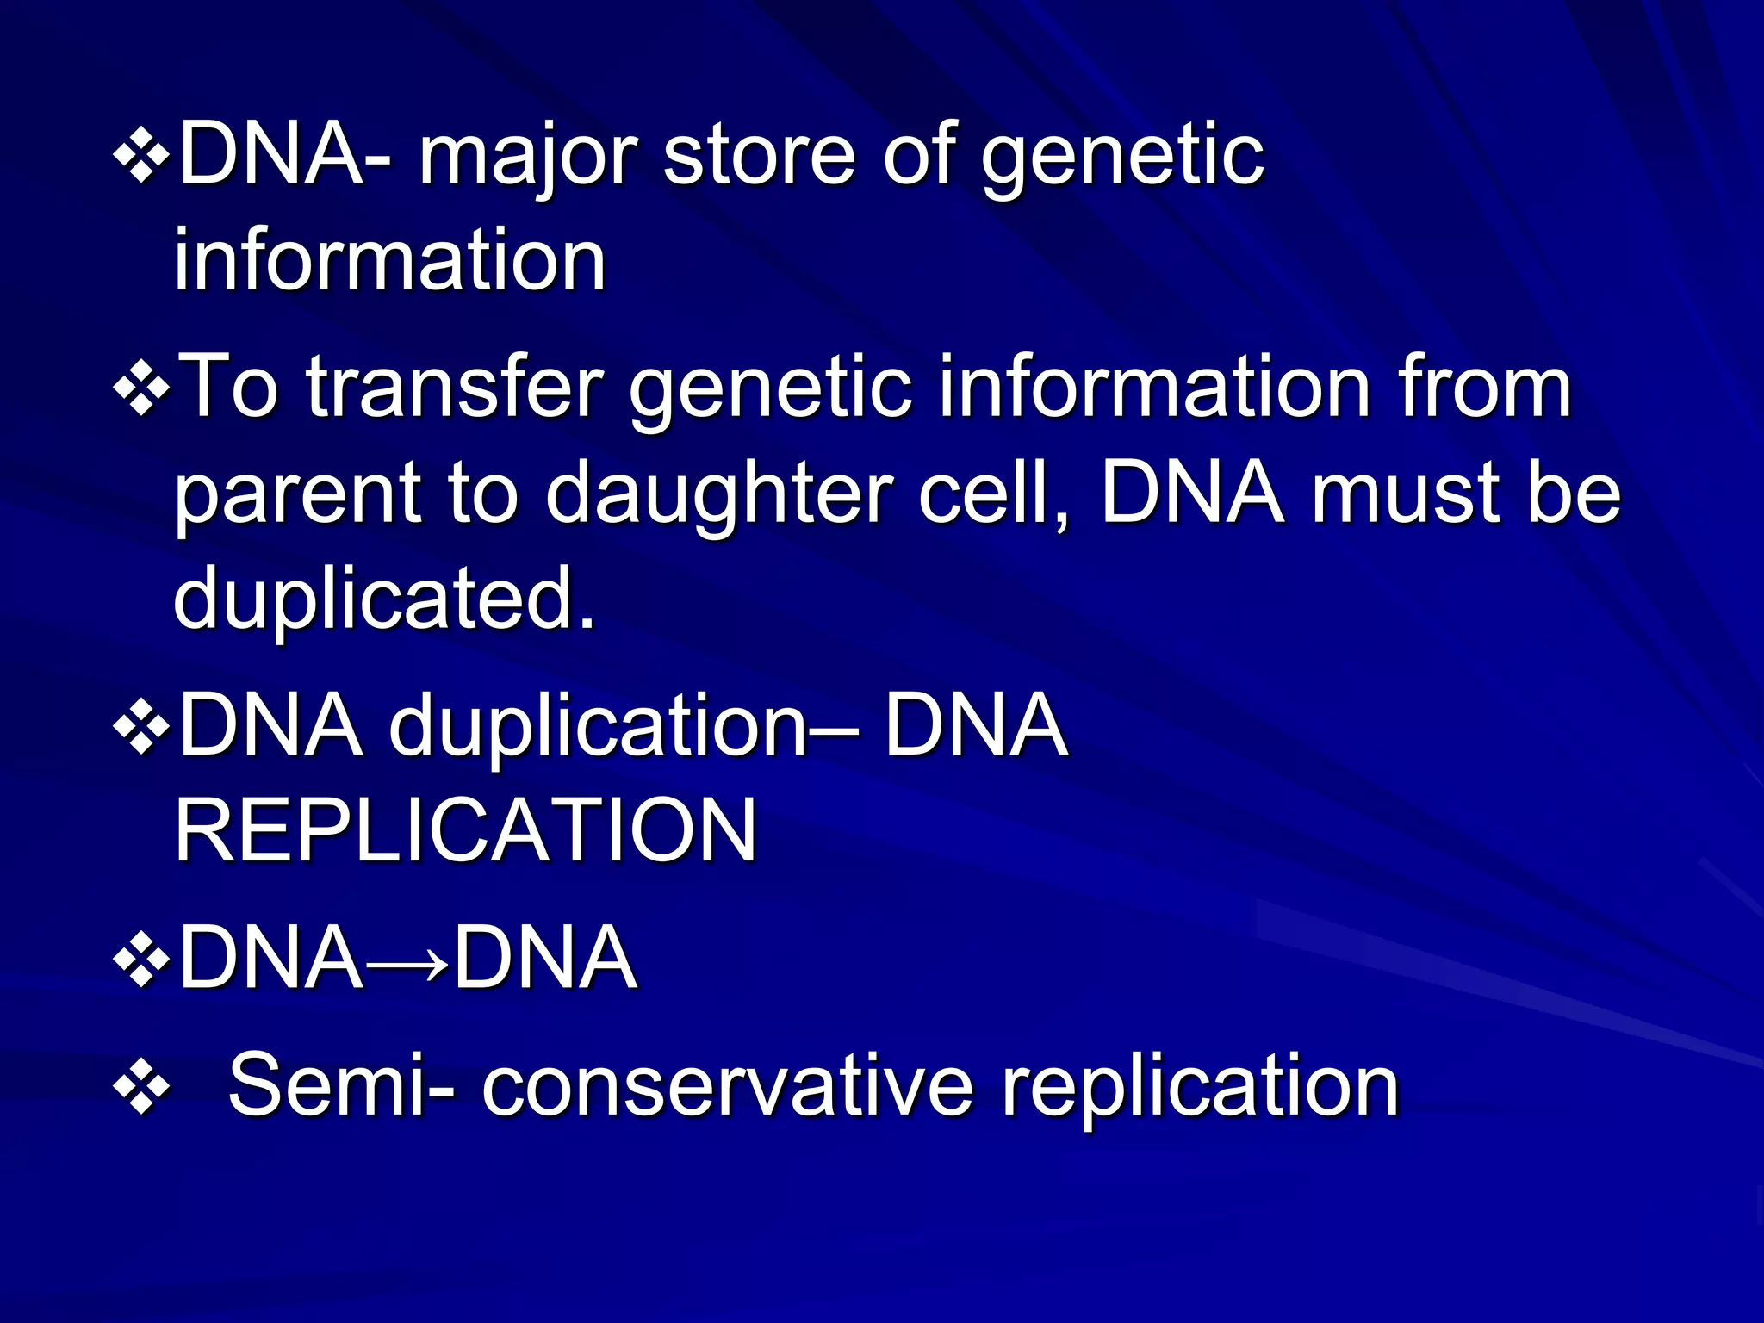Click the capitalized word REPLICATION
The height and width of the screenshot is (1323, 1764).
pos(466,830)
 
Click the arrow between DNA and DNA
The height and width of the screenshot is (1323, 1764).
pos(407,959)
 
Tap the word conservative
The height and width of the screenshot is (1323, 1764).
pos(727,1086)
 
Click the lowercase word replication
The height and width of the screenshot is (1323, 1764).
pos(1200,1088)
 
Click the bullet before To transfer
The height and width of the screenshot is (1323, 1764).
pos(141,389)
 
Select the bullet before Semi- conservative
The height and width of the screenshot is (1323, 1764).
pos(141,1088)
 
